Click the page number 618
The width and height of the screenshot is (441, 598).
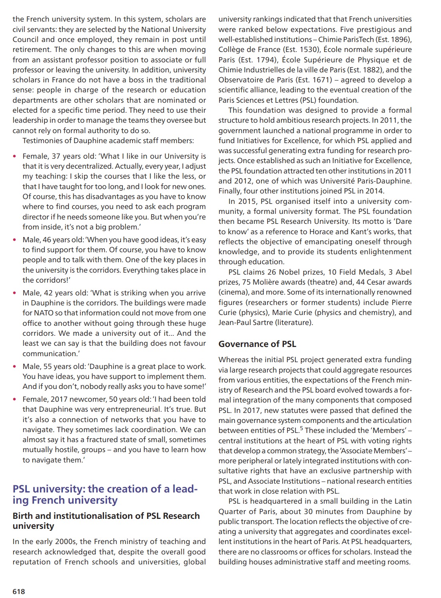tap(19, 591)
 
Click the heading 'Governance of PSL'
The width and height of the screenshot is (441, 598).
tap(257, 344)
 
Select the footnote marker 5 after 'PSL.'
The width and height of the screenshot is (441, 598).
tap(301, 429)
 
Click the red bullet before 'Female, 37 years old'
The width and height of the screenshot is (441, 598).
tap(15, 156)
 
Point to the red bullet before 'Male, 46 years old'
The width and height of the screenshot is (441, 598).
tap(15, 240)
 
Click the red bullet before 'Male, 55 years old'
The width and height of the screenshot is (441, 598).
tap(15, 367)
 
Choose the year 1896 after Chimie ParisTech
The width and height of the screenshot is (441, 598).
tap(397, 40)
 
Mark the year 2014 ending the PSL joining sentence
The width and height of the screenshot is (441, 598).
tap(375, 191)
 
